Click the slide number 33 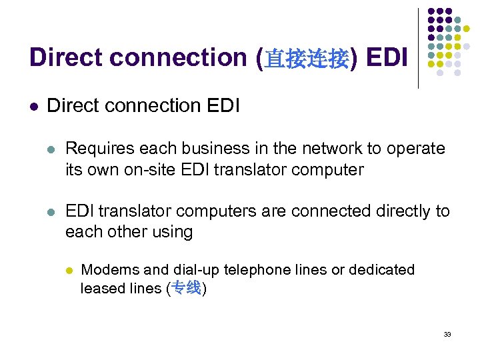(447, 334)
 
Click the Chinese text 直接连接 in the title (307, 59)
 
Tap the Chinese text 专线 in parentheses (186, 289)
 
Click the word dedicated (382, 270)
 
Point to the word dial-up (196, 270)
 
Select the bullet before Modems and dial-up (68, 271)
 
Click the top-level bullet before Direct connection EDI (34, 106)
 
